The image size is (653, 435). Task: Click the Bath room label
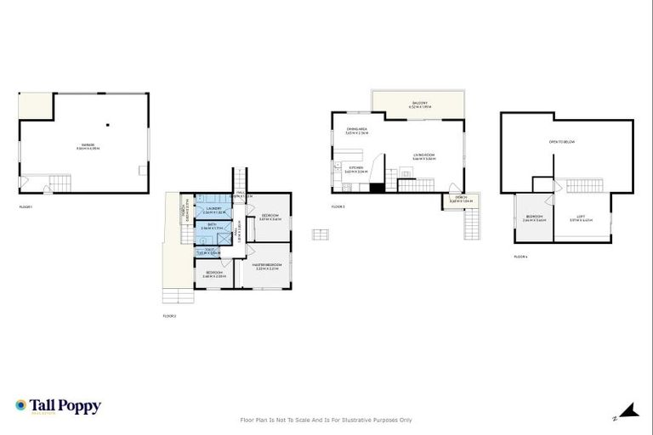(209, 227)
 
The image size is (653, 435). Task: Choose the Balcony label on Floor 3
(419, 105)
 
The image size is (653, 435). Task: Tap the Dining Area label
(357, 132)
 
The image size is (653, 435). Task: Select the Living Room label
(423, 156)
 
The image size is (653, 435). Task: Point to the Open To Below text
(562, 142)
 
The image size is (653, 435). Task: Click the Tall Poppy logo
(58, 406)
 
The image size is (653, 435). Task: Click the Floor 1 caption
(26, 206)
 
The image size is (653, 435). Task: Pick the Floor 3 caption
(339, 206)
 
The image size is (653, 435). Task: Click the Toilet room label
(207, 252)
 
